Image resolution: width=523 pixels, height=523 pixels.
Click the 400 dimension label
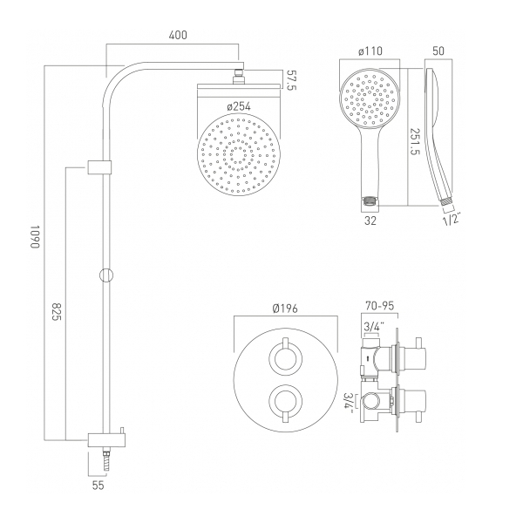178,36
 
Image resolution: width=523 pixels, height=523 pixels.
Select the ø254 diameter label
240,105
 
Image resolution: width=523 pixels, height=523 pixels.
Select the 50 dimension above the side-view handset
439,51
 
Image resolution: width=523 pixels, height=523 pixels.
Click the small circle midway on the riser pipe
105,275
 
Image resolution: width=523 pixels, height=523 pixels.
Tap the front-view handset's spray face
369,98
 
